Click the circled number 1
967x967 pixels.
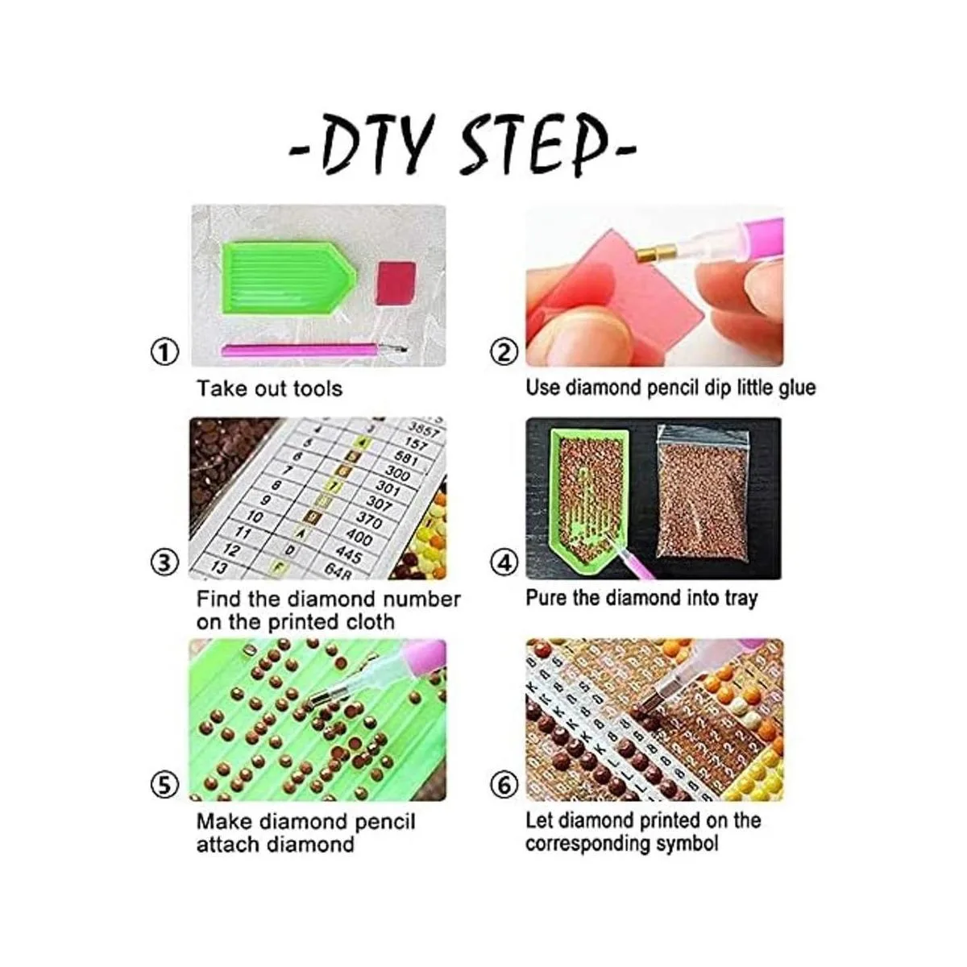[164, 352]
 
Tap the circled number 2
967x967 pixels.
[504, 352]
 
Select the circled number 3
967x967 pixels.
[164, 562]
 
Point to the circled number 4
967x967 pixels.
[505, 562]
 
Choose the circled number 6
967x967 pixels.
[504, 784]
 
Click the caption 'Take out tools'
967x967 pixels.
[269, 389]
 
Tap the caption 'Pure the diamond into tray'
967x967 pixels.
[641, 598]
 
